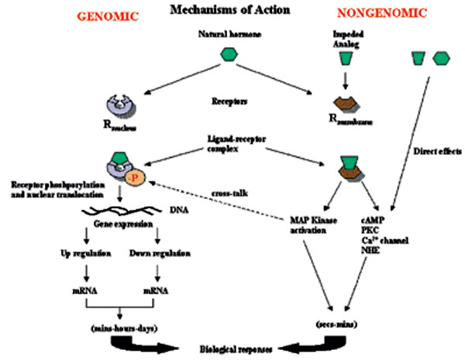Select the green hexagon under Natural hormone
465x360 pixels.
tap(229, 53)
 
